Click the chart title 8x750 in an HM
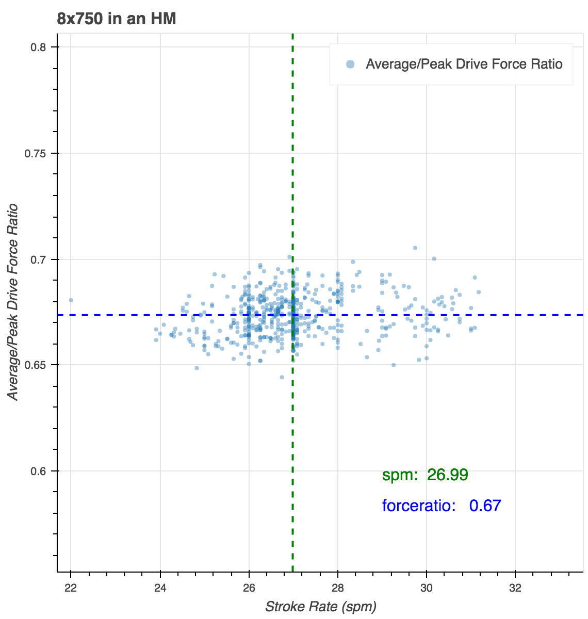tap(117, 19)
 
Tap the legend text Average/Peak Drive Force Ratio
tap(464, 64)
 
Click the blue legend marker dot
tap(350, 64)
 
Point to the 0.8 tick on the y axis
tap(38, 47)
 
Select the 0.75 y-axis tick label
tap(36, 154)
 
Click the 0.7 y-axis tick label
tap(38, 259)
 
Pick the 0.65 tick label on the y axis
tap(36, 365)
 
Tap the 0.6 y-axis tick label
tap(38, 471)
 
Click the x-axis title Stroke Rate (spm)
tap(320, 606)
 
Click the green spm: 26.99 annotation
tap(425, 475)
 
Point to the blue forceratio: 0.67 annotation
tap(442, 506)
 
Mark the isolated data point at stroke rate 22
tap(71, 300)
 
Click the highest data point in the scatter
tap(415, 248)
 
